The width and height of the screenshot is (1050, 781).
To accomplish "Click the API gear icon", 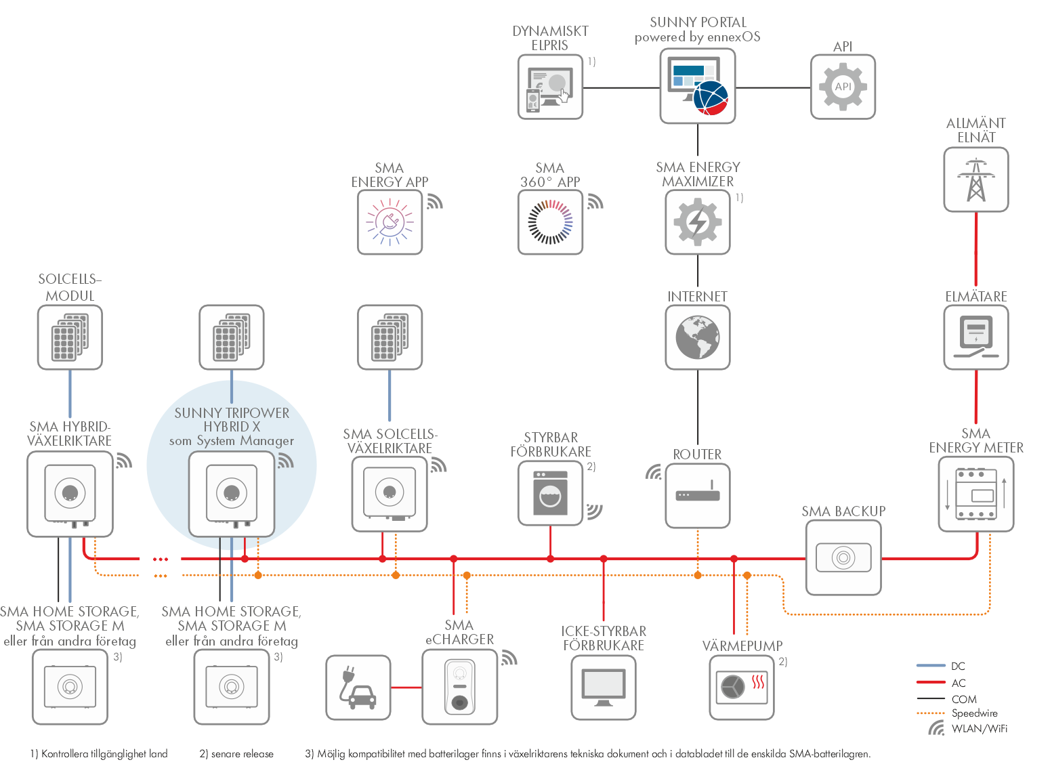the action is (842, 87).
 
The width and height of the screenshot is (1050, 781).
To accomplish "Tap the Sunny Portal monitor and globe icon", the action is (697, 86).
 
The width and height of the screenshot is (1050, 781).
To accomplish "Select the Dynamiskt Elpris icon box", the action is (549, 87).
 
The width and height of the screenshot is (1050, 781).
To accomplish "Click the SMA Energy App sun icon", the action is (390, 222).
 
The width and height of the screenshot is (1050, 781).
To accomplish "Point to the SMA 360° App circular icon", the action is (549, 222).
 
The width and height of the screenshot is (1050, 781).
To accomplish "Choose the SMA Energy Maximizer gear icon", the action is (697, 222).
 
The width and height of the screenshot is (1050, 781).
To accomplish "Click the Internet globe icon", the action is (697, 337).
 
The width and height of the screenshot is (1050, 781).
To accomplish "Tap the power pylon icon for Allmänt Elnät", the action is (975, 180).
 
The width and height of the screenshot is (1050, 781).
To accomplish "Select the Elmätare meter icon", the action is (975, 337).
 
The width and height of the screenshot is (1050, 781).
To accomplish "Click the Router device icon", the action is (697, 492).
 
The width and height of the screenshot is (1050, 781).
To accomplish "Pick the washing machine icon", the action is (549, 492).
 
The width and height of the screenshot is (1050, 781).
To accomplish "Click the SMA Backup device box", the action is (843, 557).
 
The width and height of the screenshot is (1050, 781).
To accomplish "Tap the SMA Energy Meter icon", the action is (975, 494).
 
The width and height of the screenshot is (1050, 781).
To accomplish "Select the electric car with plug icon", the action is (358, 688).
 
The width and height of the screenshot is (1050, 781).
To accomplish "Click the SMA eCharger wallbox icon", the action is (459, 687).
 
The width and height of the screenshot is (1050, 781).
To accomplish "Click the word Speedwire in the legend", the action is (974, 713).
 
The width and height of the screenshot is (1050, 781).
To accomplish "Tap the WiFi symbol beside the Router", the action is (653, 472).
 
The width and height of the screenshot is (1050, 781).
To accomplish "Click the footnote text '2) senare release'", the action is (236, 753).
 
